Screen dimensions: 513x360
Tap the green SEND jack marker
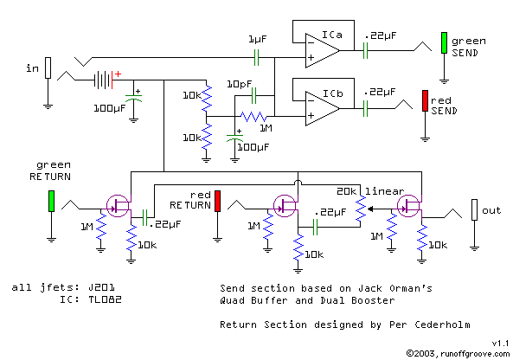pyautogui.click(x=444, y=42)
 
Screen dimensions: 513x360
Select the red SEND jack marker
pyautogui.click(x=425, y=100)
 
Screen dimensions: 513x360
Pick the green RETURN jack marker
pyautogui.click(x=51, y=201)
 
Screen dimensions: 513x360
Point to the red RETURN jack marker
pyautogui.click(x=217, y=201)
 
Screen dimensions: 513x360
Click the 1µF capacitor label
pyautogui.click(x=258, y=39)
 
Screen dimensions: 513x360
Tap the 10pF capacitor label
pyautogui.click(x=240, y=84)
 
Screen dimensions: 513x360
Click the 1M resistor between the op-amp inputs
pyautogui.click(x=253, y=117)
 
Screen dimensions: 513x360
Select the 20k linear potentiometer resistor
pyautogui.click(x=361, y=209)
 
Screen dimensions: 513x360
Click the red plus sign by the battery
pyautogui.click(x=118, y=74)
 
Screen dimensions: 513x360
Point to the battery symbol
pyautogui.click(x=103, y=80)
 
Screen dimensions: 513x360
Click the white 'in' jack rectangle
pyautogui.click(x=48, y=67)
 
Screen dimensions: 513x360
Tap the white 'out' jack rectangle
pyautogui.click(x=474, y=209)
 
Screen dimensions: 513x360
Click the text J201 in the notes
pyautogui.click(x=101, y=287)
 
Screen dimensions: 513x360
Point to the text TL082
pyautogui.click(x=105, y=299)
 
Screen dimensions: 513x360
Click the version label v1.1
pyautogui.click(x=501, y=344)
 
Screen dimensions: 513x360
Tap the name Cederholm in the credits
pyautogui.click(x=442, y=325)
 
